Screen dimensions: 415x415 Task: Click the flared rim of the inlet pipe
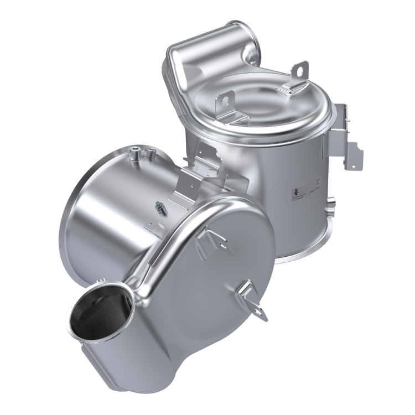75,310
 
